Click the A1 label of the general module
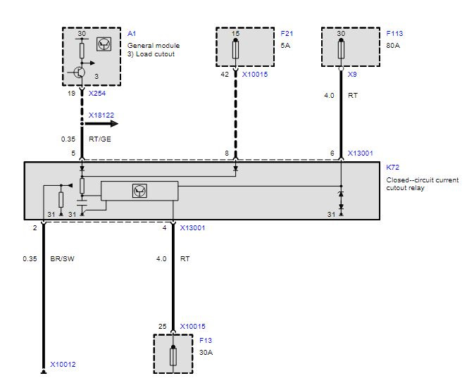tap(132, 34)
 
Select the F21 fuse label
tap(287, 34)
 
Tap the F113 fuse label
tap(394, 34)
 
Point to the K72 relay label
tap(393, 167)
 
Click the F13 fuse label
tap(206, 340)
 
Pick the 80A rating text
tap(393, 46)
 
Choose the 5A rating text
tap(285, 46)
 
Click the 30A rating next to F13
tap(206, 353)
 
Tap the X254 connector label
tap(97, 94)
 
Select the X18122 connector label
tap(101, 115)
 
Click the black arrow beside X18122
tap(101, 124)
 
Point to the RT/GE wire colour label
tap(100, 139)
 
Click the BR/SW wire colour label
tap(62, 259)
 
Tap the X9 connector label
tap(352, 75)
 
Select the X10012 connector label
tap(63, 364)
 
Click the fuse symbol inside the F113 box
tap(341, 49)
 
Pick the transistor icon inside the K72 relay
tap(139, 191)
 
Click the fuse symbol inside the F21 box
tap(235, 49)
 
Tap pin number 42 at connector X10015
tap(225, 75)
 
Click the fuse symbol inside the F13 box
tap(173, 356)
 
